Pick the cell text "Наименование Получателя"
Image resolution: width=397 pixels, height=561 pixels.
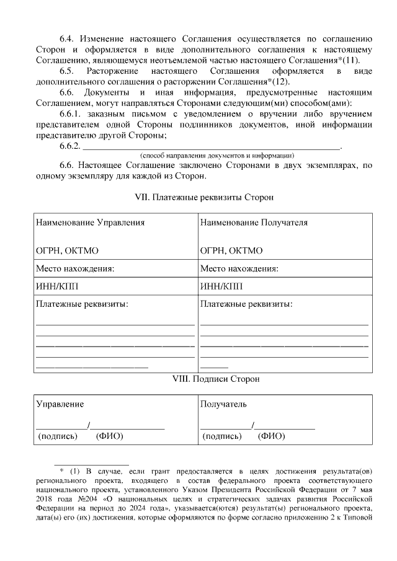point(254,223)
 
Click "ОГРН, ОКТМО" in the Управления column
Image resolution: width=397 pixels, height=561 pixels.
point(68,250)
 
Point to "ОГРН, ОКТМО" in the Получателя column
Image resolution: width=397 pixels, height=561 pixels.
point(231,250)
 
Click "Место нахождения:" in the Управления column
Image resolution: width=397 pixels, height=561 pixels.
point(75,268)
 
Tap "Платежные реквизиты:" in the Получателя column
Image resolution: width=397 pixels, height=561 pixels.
point(246,304)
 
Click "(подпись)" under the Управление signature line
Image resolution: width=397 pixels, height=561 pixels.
point(58,436)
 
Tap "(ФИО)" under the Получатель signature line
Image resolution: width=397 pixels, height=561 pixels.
point(272,436)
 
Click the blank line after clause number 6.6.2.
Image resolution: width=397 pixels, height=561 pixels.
point(212,146)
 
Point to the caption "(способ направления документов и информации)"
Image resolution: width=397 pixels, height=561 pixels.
point(217,155)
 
